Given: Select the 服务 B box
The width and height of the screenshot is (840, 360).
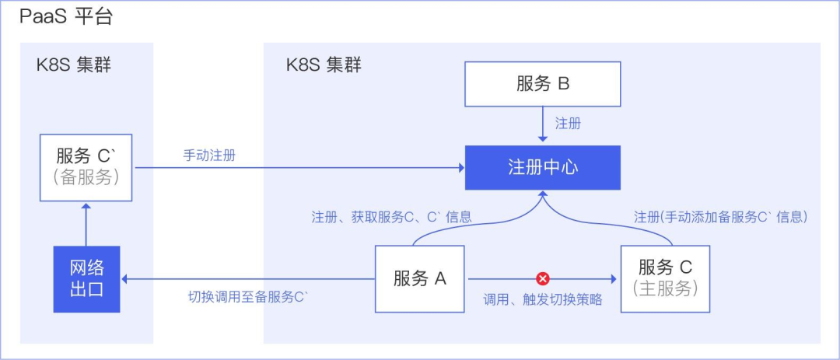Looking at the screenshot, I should click(542, 84).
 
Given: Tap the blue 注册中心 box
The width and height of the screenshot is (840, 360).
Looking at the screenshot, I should click(542, 167).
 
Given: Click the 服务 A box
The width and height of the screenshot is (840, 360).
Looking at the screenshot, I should click(419, 278).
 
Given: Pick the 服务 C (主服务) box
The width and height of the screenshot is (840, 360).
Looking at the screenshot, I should click(665, 278).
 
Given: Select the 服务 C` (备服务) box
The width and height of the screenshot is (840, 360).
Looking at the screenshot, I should click(86, 167).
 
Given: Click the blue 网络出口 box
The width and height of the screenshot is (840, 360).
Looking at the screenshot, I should click(86, 279).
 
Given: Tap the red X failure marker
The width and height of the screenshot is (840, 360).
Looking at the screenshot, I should click(543, 278).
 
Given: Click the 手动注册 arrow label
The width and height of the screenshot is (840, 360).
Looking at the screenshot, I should click(209, 156).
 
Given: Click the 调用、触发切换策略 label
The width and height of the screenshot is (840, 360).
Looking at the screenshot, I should click(543, 299).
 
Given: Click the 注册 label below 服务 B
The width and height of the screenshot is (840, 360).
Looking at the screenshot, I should click(568, 124).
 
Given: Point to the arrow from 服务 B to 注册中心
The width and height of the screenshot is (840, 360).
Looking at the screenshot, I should click(542, 124).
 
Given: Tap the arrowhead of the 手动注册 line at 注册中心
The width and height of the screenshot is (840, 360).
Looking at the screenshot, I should click(460, 167).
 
